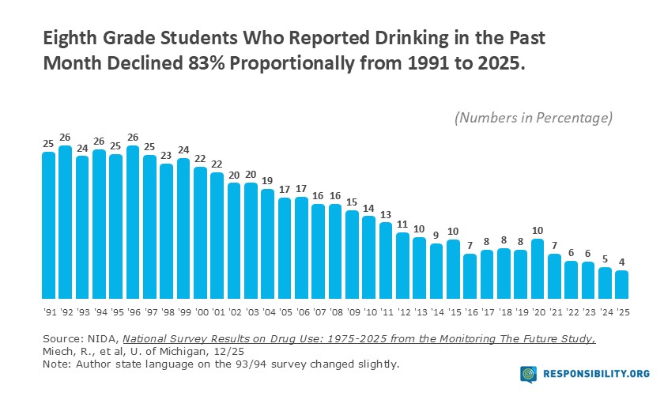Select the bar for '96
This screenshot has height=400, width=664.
click(133, 220)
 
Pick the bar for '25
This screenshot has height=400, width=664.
click(622, 282)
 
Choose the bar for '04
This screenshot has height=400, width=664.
click(268, 241)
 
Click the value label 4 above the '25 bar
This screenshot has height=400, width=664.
click(622, 263)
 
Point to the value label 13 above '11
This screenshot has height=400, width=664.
click(386, 214)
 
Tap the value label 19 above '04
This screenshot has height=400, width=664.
click(268, 181)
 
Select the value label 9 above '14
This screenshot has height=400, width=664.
click(436, 236)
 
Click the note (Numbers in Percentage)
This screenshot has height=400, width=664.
click(534, 117)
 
